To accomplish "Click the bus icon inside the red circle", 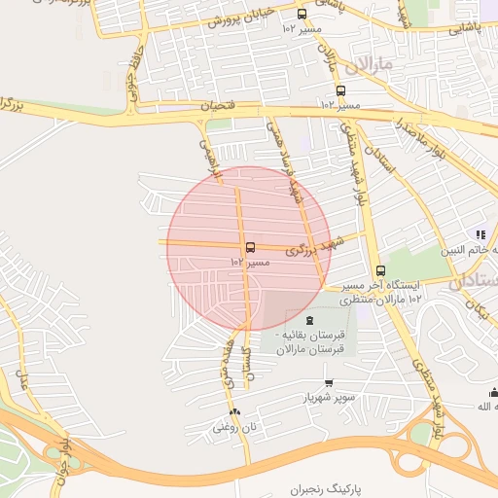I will point(251,248).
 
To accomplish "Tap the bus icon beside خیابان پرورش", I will point(302,15).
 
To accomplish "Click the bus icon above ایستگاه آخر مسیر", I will point(380,271).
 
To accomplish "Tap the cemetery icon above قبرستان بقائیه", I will point(309,321).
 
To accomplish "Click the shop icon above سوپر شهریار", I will point(328,383).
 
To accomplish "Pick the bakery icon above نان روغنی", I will point(233,411).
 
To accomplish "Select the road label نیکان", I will point(476,310).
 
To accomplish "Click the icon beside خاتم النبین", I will point(480,234).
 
